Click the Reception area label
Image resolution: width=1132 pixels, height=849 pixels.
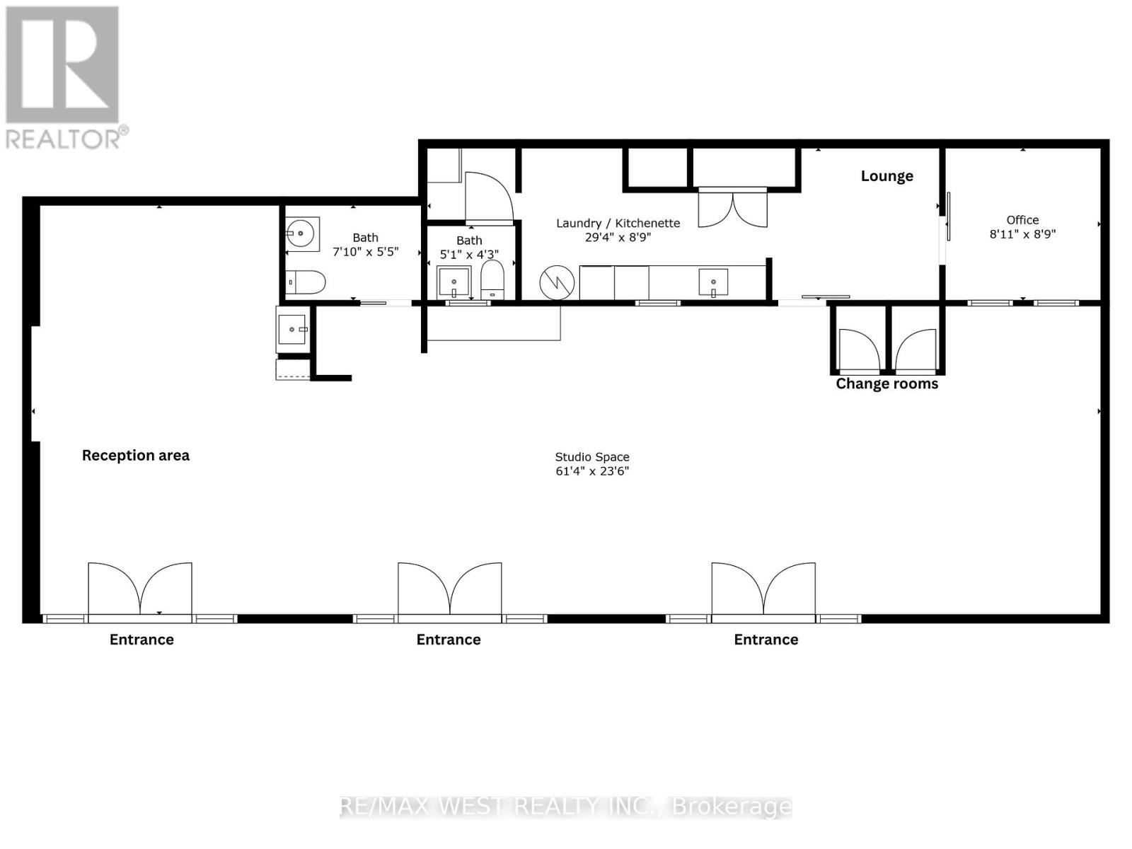[x=136, y=456]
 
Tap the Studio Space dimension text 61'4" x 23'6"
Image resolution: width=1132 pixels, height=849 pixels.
[x=592, y=471]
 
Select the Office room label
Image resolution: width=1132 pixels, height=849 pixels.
[x=1022, y=220]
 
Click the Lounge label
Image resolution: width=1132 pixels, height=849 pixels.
[x=886, y=176]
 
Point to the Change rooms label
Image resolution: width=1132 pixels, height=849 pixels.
[x=886, y=384]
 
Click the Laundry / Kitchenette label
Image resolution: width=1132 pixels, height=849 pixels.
[x=618, y=224]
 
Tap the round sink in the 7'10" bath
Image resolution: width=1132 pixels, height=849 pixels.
[x=302, y=231]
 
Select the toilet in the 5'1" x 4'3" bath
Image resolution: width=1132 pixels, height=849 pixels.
[x=492, y=279]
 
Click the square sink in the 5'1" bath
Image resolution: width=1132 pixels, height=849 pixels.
[x=454, y=282]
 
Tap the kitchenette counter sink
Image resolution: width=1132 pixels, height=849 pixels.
[x=712, y=282]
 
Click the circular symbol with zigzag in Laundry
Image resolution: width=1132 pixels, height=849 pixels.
[x=557, y=283]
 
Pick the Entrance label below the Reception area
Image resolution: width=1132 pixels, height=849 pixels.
[x=141, y=640]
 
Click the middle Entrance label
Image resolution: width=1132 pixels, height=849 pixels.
[x=449, y=640]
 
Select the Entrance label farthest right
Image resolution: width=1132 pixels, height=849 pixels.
[x=766, y=640]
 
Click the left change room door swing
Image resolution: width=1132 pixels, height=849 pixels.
[x=858, y=350]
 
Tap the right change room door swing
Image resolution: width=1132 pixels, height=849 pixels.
[x=916, y=350]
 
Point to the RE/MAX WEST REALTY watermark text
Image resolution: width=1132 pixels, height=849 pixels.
[x=566, y=807]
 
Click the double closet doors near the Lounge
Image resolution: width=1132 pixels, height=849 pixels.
[x=732, y=208]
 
